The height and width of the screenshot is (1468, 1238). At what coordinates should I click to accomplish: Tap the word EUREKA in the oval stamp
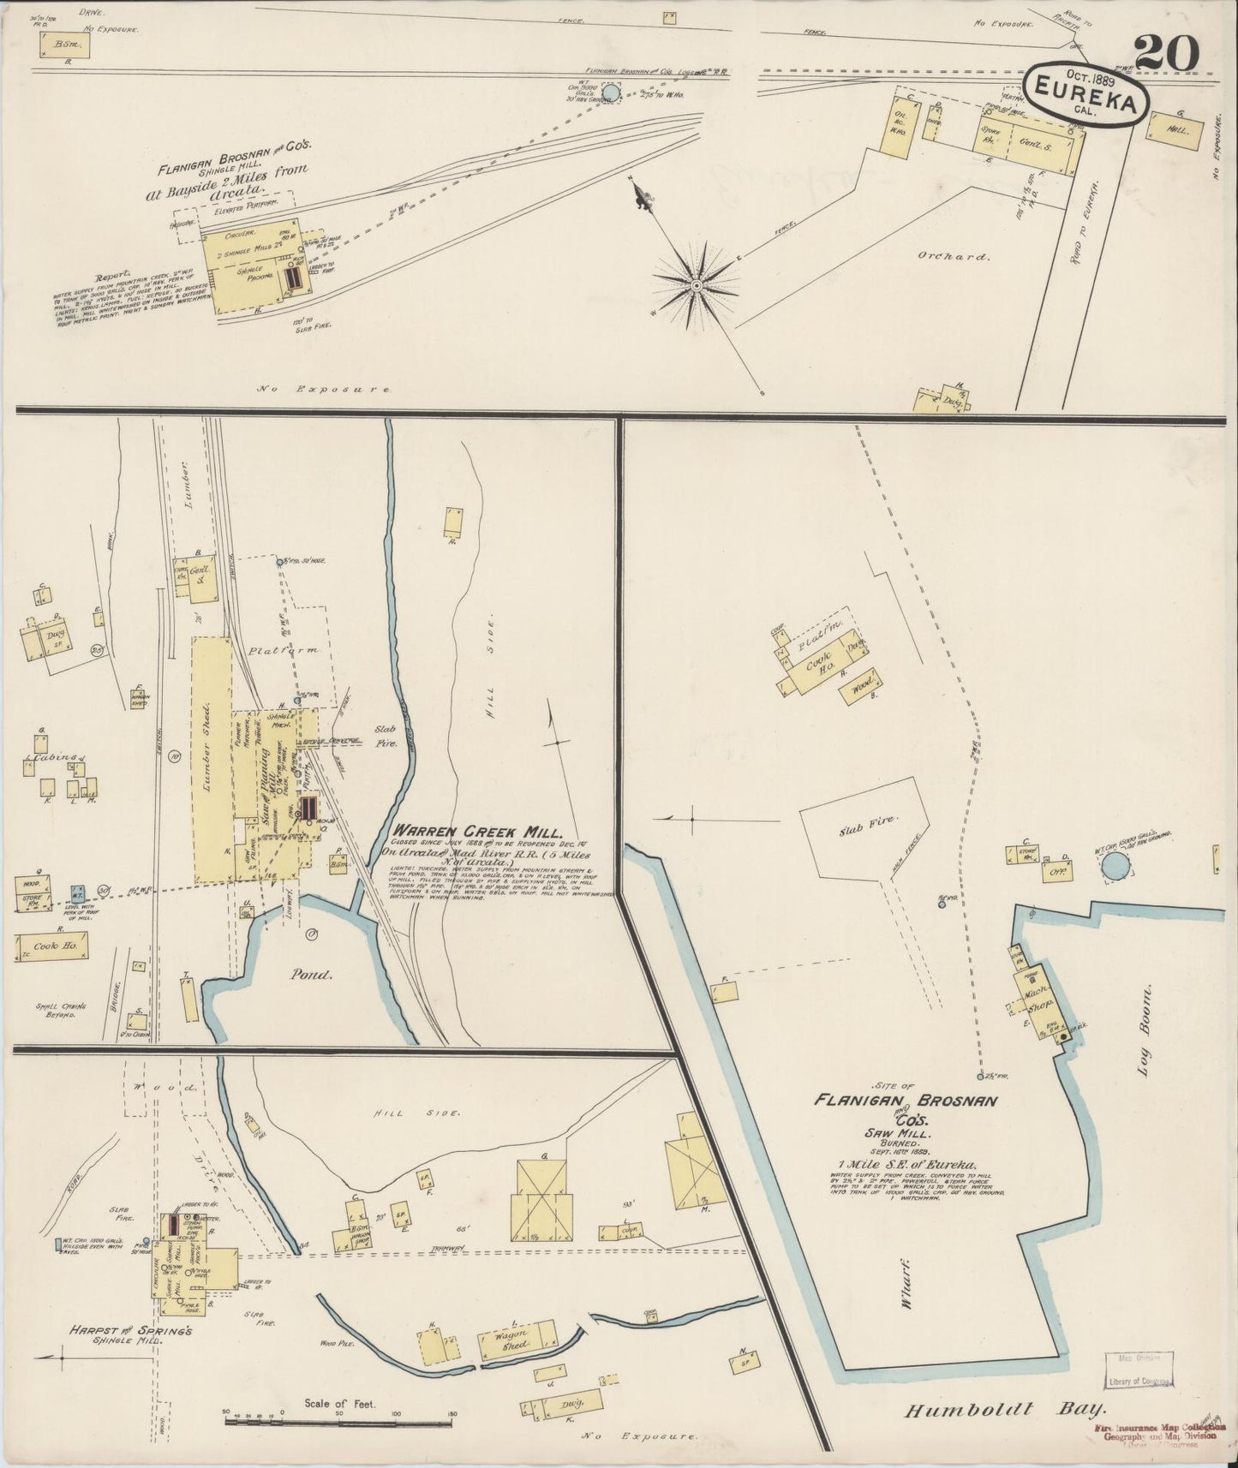click(1086, 101)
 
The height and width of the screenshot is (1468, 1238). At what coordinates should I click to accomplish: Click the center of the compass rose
click(697, 284)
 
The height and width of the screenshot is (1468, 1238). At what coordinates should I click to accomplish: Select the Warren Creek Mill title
click(476, 832)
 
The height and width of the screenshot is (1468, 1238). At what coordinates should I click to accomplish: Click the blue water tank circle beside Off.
click(1115, 868)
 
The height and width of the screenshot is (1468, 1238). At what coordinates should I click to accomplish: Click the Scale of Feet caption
click(340, 1404)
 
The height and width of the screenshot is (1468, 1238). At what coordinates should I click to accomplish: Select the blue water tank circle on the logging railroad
click(611, 92)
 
